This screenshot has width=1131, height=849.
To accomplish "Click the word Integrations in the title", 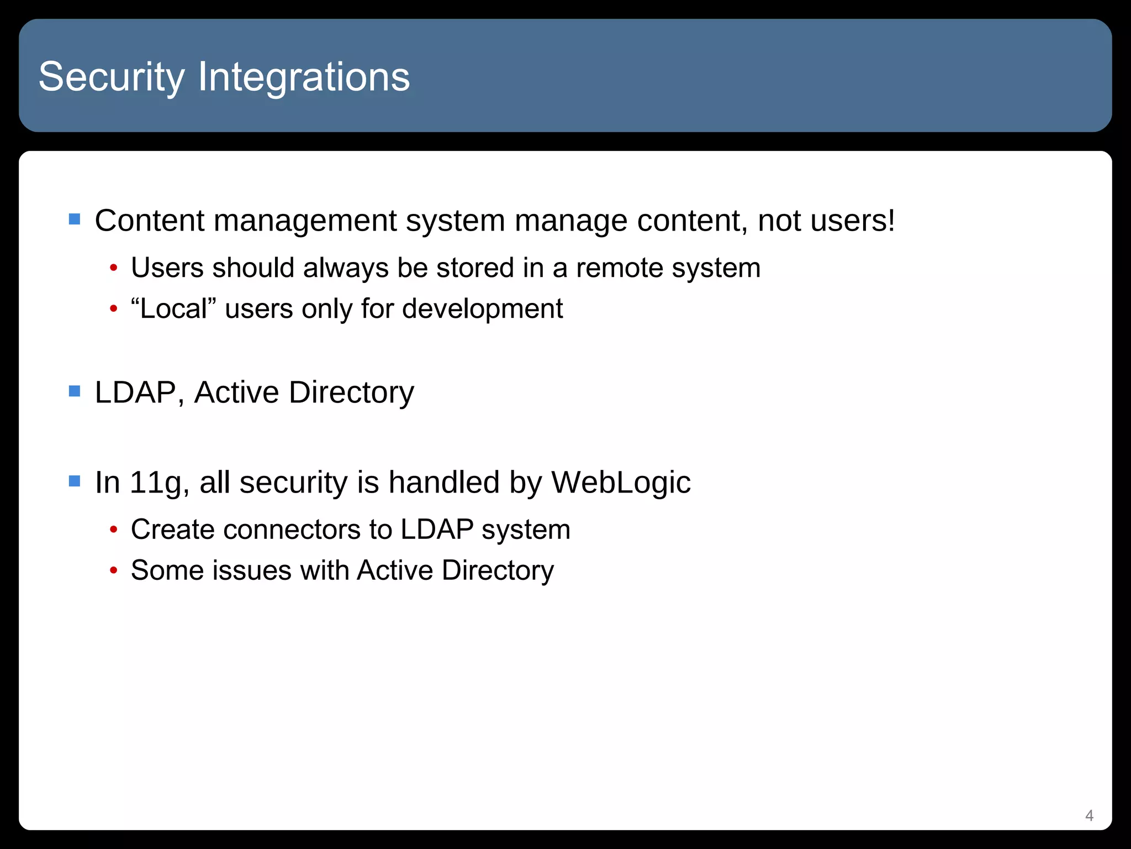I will click(304, 77).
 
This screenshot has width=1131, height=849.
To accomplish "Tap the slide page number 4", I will click(1089, 815).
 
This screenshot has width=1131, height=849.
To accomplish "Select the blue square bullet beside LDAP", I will click(75, 391).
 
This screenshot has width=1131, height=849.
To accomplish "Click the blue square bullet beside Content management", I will click(75, 219).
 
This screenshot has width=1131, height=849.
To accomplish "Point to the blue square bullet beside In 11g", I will click(75, 481).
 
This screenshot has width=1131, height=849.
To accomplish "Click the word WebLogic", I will click(621, 482).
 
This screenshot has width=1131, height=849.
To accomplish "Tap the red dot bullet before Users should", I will click(114, 269).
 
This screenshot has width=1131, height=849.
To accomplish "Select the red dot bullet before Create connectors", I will click(114, 530).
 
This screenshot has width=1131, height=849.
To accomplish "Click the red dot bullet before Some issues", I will click(114, 571).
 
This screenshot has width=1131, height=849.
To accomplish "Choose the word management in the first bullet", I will click(304, 222).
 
